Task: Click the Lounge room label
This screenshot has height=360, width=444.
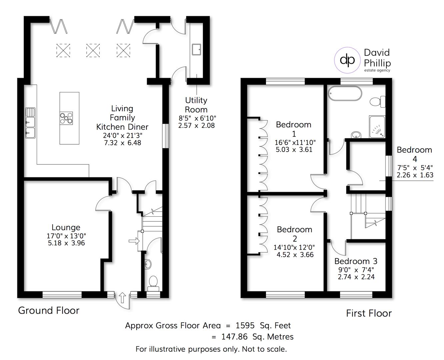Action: point(66,227)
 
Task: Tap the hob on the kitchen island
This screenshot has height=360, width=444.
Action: point(66,118)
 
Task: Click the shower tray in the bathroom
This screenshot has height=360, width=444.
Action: point(377,127)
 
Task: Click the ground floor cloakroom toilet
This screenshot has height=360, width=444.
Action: point(153,281)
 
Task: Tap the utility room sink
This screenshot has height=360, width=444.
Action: point(196,49)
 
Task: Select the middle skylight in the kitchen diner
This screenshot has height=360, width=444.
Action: point(93,50)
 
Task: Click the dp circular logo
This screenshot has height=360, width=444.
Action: point(347,60)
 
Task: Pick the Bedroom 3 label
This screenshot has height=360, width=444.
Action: point(356,261)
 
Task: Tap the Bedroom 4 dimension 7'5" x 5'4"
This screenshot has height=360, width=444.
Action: point(414,168)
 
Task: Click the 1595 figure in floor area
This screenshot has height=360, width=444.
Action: point(245,325)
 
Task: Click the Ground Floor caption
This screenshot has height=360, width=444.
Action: point(49,310)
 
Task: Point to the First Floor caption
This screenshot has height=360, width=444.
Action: point(369,313)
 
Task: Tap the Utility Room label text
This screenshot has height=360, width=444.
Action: point(196,105)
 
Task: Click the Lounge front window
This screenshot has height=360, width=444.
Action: point(62,294)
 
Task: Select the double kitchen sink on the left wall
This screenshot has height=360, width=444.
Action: point(30,123)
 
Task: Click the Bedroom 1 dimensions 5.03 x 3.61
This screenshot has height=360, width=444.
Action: point(294,150)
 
